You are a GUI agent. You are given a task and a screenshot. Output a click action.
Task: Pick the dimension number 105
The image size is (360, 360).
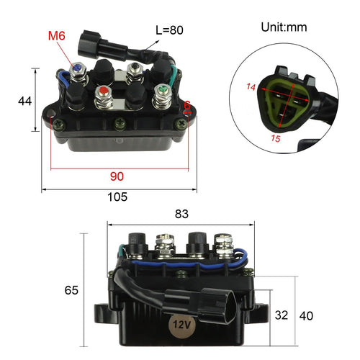tap(117, 197)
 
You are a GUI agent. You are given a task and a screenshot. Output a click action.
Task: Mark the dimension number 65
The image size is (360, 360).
tap(71, 291)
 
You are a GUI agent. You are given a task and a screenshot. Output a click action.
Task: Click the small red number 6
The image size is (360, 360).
tap(187, 106)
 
